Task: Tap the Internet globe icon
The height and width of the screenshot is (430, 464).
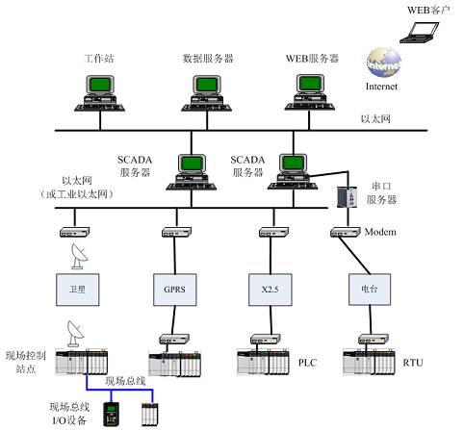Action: point(381,66)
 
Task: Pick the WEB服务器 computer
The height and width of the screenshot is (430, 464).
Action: point(312,94)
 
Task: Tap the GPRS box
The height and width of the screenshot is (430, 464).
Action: point(175,286)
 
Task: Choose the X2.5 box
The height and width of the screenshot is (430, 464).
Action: point(271,286)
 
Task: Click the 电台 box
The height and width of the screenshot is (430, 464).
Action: point(367,286)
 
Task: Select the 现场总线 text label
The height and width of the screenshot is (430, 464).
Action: point(124,381)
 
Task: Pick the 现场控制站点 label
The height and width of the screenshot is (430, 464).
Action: point(24,362)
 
